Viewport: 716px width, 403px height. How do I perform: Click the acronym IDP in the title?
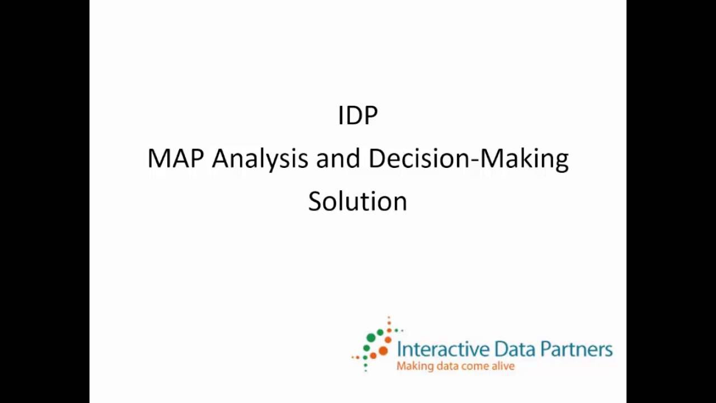[358, 115]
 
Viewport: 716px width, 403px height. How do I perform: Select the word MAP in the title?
[175, 158]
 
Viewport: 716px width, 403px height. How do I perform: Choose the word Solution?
[357, 201]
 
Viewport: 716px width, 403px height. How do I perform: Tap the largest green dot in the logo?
[371, 338]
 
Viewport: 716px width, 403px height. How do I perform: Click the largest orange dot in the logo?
[383, 351]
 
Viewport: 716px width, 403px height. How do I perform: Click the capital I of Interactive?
[399, 349]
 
